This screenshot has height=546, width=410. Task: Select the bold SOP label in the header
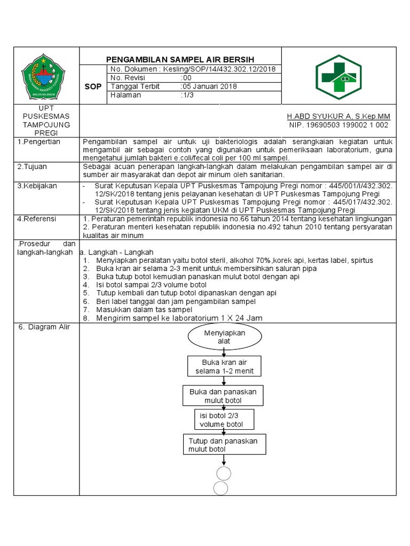tap(93, 86)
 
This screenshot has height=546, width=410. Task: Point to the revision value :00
tap(186, 78)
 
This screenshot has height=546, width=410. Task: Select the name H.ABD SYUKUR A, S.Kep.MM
tap(338, 116)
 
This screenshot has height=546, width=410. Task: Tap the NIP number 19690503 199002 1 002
tap(338, 125)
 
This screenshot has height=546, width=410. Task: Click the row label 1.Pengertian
tap(39, 142)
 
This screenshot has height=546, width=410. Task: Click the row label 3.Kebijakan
tap(37, 186)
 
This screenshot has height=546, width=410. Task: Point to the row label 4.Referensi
tap(37, 219)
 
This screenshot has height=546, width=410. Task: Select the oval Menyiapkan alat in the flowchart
tap(224, 337)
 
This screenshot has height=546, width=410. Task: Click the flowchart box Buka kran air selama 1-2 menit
tap(224, 367)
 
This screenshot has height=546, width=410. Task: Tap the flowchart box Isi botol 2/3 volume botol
tap(224, 420)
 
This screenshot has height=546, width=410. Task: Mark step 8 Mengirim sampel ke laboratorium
tap(179, 318)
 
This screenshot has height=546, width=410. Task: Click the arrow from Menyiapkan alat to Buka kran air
tap(224, 352)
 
